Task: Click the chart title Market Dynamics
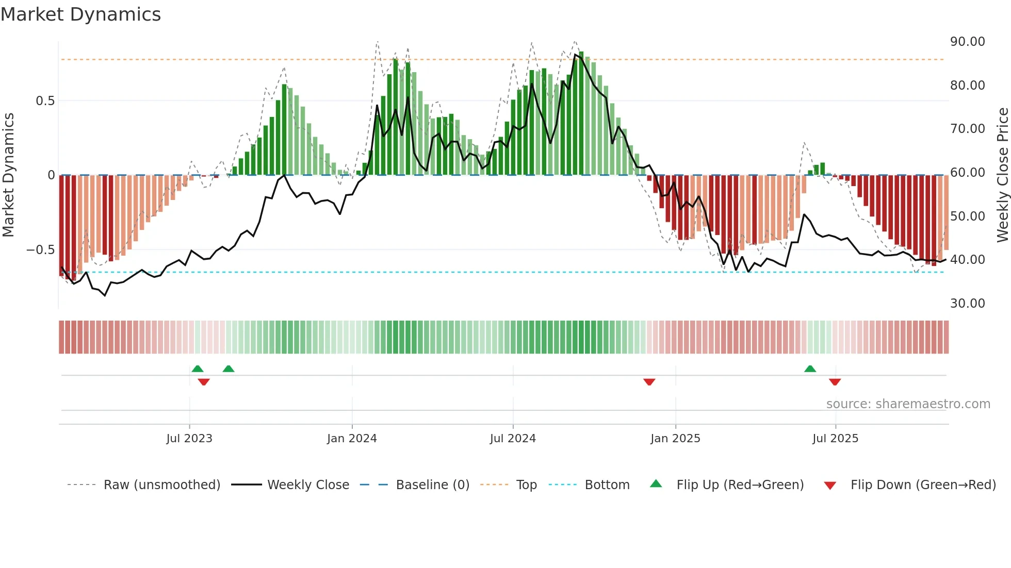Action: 80,14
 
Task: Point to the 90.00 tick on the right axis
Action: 967,42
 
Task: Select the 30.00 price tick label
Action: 967,304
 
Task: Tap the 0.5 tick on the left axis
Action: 45,101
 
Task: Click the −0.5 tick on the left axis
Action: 40,250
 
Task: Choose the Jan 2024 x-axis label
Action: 352,439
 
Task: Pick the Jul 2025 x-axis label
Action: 835,439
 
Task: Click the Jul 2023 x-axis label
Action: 189,439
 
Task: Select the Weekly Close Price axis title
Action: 1002,175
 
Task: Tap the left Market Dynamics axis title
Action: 8,175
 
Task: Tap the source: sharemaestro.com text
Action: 908,404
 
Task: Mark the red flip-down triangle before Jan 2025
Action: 649,381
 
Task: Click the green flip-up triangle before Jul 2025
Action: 810,369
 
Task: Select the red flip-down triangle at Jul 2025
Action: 835,381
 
